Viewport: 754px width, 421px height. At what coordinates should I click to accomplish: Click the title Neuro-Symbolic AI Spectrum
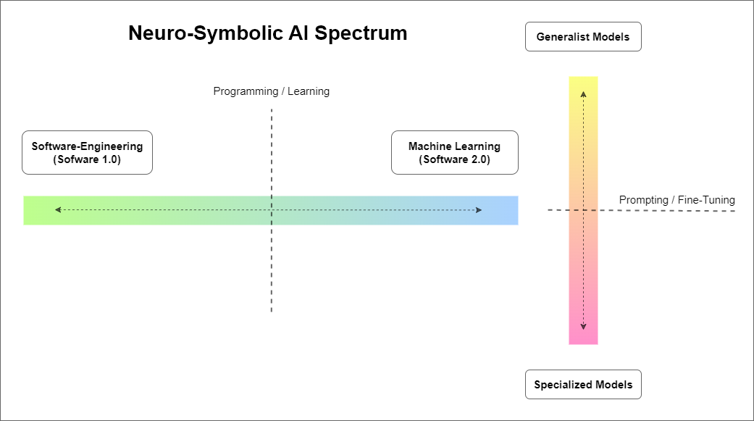[x=267, y=33]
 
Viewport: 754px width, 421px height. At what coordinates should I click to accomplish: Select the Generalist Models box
[x=583, y=37]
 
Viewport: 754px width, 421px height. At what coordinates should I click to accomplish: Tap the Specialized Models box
[x=583, y=385]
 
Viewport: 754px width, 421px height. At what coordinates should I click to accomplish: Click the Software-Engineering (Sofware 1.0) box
[x=87, y=153]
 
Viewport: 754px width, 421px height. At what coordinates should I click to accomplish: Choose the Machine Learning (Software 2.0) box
[x=454, y=153]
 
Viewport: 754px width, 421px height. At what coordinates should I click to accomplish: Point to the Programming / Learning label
[x=271, y=91]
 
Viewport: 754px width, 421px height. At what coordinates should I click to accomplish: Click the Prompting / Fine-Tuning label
[x=676, y=200]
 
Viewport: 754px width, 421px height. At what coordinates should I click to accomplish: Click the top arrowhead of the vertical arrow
[x=583, y=93]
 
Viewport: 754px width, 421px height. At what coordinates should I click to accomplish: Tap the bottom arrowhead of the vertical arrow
[x=583, y=327]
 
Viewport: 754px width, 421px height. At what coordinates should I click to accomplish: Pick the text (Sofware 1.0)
[x=87, y=160]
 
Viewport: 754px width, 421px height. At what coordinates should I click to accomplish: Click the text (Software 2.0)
[x=454, y=160]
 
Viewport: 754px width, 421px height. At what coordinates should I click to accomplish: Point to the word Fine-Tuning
[x=706, y=200]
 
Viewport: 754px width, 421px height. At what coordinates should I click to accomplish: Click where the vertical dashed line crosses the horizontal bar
[x=272, y=210]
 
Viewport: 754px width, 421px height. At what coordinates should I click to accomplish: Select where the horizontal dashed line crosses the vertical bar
[x=583, y=210]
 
